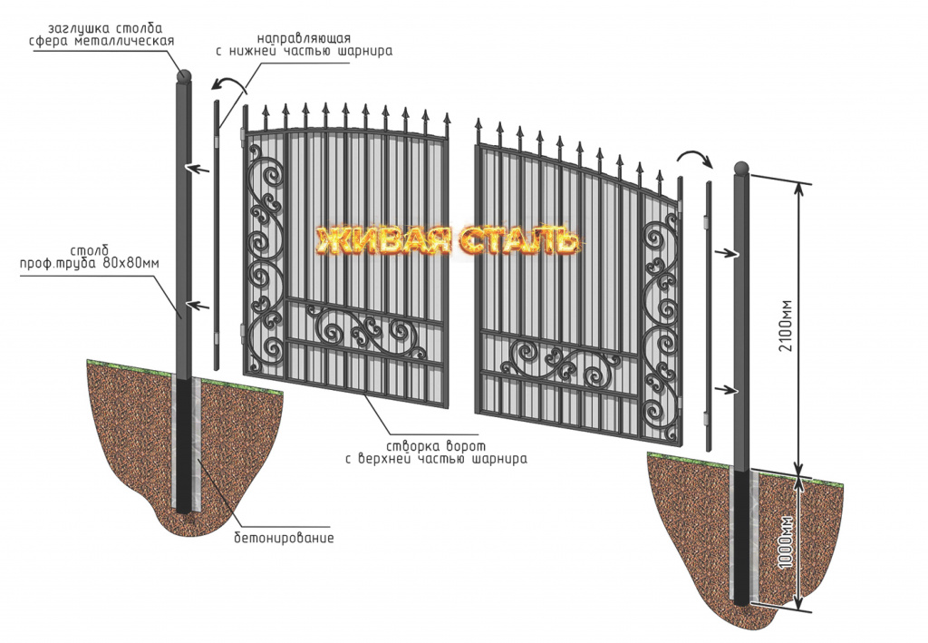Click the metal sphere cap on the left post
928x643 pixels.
tap(185, 76)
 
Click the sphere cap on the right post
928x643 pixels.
tap(741, 168)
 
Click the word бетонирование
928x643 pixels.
tap(284, 538)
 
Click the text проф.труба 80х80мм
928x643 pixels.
tap(90, 264)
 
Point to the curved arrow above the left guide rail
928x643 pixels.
tap(229, 86)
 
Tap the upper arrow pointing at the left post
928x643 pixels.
tap(198, 170)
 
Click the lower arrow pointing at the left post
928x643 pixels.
tap(198, 306)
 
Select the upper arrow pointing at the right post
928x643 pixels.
tap(728, 253)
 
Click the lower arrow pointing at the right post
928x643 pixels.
tap(728, 390)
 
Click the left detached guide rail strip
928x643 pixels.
tap(217, 235)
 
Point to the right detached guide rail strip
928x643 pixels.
tap(709, 317)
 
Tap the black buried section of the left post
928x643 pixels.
tap(184, 446)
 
